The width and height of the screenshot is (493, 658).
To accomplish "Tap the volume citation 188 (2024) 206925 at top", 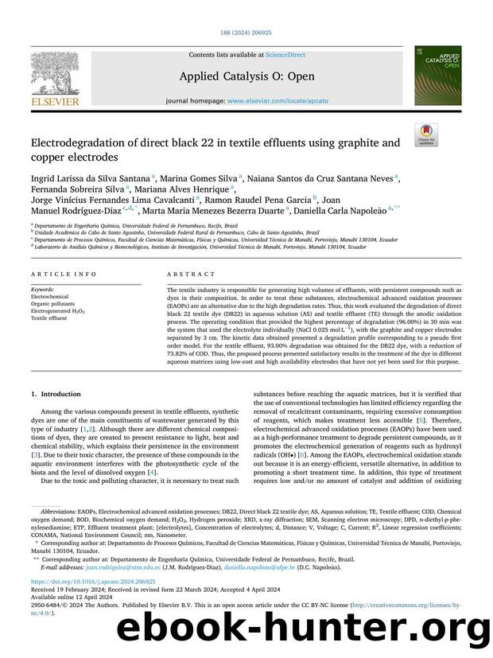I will click(x=246, y=33).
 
